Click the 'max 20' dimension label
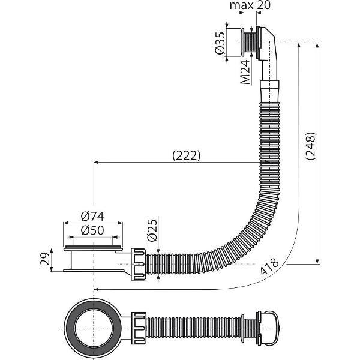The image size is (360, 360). pyautogui.click(x=250, y=5)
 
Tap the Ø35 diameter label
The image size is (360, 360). pyautogui.click(x=220, y=43)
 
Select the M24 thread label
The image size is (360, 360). pyautogui.click(x=245, y=72)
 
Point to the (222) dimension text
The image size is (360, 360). pyautogui.click(x=186, y=155)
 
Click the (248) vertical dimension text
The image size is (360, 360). pyautogui.click(x=310, y=146)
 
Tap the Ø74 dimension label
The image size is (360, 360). pyautogui.click(x=92, y=216)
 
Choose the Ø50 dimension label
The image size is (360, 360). pyautogui.click(x=92, y=230)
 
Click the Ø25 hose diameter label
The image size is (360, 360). pyautogui.click(x=152, y=230)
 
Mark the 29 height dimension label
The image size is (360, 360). pyautogui.click(x=45, y=259)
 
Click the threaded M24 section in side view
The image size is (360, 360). pyautogui.click(x=251, y=43)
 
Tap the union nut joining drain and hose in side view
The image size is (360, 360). pyautogui.click(x=138, y=264)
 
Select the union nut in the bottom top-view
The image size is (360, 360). pyautogui.click(x=139, y=328)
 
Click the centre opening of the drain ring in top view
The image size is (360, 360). pyautogui.click(x=94, y=328)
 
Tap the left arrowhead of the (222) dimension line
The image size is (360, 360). pyautogui.click(x=96, y=163)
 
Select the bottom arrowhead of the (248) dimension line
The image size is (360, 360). pyautogui.click(x=317, y=262)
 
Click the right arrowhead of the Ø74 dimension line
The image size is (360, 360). pyautogui.click(x=120, y=223)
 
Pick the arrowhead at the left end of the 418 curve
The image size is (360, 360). pyautogui.click(x=97, y=290)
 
